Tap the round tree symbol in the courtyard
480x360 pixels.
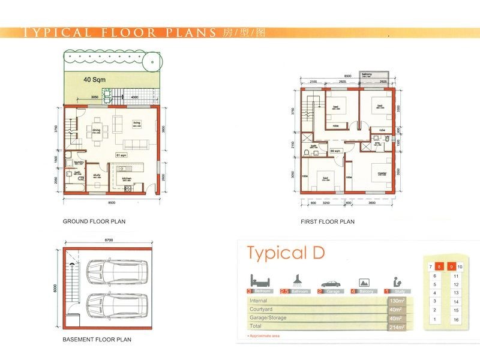click(x=154, y=61)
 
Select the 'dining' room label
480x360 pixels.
click(x=95, y=122)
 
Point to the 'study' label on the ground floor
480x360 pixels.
click(x=96, y=175)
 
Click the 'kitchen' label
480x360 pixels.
click(x=127, y=178)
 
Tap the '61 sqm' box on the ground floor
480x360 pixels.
click(x=122, y=155)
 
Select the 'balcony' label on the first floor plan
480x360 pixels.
click(x=366, y=74)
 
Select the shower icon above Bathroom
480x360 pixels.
click(x=296, y=279)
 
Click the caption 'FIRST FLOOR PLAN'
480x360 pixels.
click(x=328, y=221)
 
